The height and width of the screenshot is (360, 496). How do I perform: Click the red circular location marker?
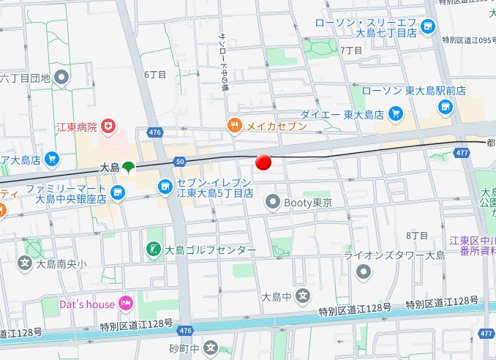264,162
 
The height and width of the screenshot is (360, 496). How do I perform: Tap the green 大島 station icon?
128,167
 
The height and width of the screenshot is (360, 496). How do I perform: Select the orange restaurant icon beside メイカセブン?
234,126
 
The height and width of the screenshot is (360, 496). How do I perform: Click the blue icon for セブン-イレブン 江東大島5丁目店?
165,187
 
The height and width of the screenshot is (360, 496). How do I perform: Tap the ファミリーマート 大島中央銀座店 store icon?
119,192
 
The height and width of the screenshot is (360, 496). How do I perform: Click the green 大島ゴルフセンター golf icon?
154,250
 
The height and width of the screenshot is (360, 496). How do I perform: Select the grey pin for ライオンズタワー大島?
364,272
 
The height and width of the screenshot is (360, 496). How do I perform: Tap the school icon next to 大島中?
303,296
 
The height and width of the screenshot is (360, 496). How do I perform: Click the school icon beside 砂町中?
211,348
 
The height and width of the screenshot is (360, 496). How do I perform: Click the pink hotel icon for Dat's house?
125,303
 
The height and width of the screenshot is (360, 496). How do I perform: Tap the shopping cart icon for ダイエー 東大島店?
396,113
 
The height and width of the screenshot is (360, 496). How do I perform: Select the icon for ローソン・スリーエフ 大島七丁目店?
428,28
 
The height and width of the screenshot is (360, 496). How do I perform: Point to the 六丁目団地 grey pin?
62,75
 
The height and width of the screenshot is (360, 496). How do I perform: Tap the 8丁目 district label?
416,235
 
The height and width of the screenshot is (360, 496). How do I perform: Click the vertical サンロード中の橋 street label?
223,63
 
